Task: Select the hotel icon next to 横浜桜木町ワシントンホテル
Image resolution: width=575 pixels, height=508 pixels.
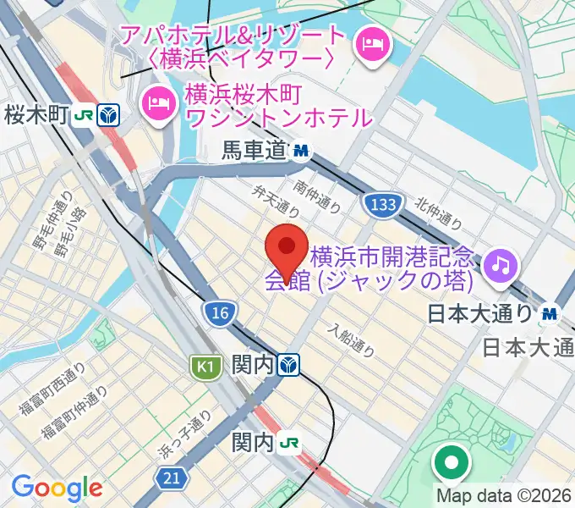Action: [156, 102]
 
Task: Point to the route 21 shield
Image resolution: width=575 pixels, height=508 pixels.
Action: [172, 479]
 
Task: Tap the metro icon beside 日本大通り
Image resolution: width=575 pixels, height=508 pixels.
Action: [550, 314]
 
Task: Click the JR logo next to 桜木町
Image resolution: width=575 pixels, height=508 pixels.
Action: [82, 114]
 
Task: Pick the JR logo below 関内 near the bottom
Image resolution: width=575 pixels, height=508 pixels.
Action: [290, 442]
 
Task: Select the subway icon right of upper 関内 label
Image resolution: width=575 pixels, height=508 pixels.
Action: [290, 365]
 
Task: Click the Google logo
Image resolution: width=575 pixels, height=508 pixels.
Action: [57, 488]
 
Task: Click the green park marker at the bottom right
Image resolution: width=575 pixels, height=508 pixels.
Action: [451, 462]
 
